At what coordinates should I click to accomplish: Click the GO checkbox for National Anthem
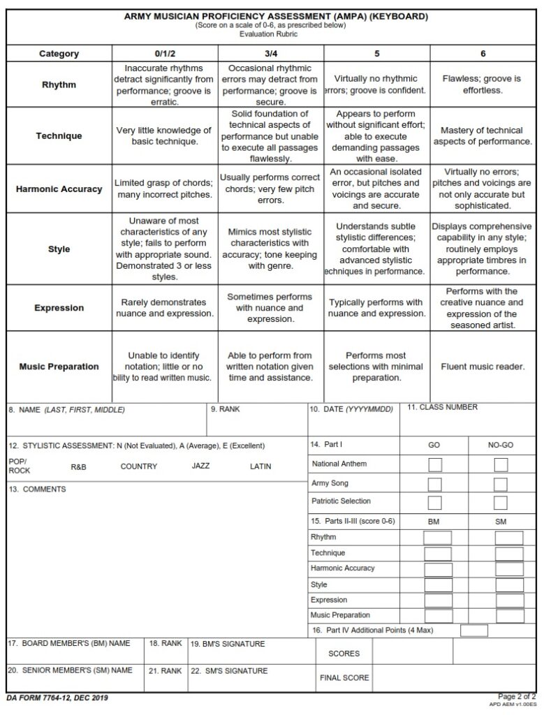coord(434,465)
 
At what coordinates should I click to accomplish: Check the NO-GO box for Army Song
coord(501,484)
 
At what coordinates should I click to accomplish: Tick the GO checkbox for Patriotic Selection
coord(434,503)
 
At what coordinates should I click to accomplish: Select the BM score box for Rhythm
coord(438,538)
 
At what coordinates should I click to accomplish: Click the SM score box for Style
coord(508,585)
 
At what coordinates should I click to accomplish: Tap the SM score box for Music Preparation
coord(508,616)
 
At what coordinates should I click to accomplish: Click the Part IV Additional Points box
coord(474,631)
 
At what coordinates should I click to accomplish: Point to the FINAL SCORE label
coord(344,677)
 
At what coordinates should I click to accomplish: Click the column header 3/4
coord(270,54)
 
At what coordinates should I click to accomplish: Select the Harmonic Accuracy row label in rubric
coord(59,189)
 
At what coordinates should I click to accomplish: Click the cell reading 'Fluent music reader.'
coord(483,367)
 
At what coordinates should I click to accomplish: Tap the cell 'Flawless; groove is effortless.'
coord(483,85)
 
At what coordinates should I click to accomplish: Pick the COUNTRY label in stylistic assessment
coord(139,466)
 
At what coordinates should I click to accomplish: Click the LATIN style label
coord(260,466)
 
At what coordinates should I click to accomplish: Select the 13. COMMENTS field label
coord(38,489)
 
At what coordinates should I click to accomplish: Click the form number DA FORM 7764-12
coord(47,698)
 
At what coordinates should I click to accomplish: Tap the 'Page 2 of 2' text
coord(516,696)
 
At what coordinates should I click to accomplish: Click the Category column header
coord(59,54)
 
